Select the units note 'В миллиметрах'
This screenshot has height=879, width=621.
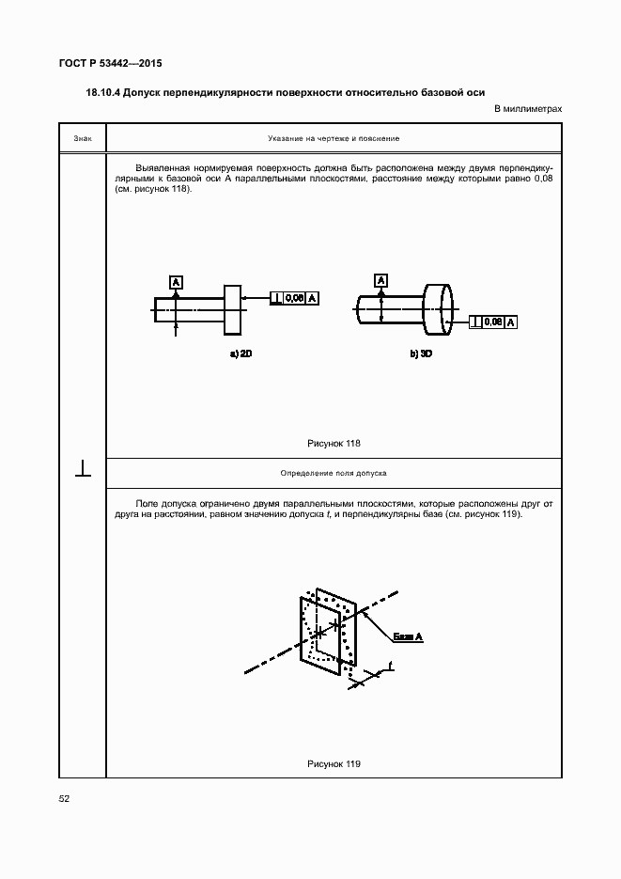(x=528, y=109)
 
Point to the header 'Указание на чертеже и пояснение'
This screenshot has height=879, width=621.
(x=334, y=138)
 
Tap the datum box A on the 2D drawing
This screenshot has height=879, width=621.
(x=176, y=280)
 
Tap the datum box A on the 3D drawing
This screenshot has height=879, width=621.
(x=381, y=280)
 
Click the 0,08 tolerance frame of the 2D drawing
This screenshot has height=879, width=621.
(x=294, y=298)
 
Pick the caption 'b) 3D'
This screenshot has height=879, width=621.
(x=420, y=355)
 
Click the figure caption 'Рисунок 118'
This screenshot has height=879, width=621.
(x=334, y=443)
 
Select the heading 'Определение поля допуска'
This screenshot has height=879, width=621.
(x=334, y=473)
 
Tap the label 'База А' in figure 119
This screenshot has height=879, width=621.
(x=408, y=637)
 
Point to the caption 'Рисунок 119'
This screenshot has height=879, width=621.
(x=334, y=763)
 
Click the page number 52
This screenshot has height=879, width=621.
(x=65, y=798)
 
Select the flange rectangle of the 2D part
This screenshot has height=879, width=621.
(x=233, y=309)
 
